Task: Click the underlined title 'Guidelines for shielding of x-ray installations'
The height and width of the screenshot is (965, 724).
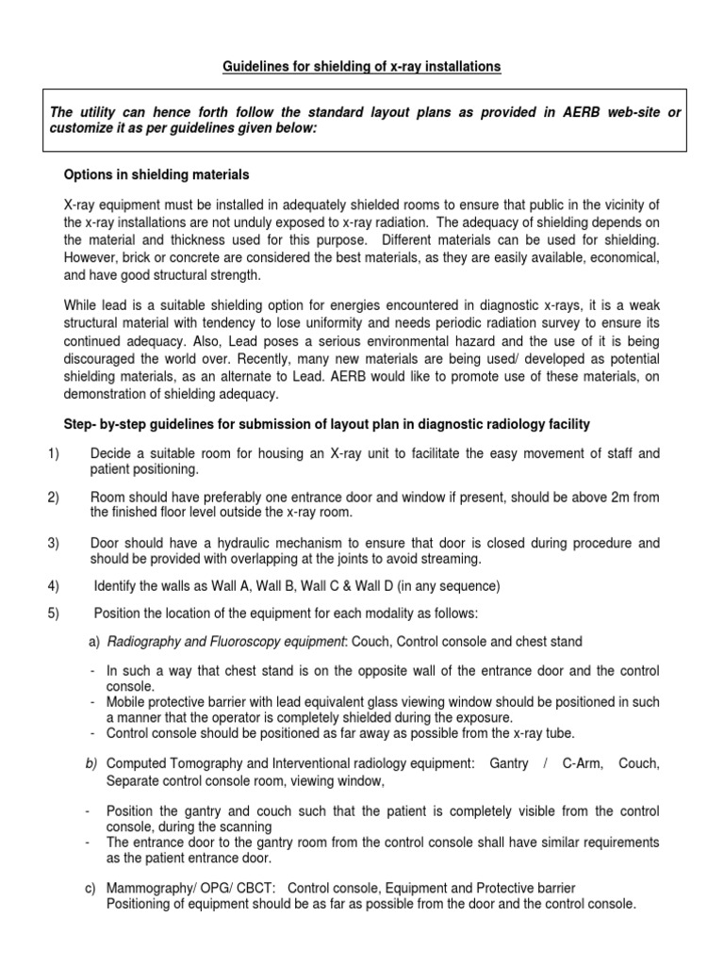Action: pos(362,66)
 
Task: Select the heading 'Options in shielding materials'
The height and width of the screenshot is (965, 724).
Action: pos(156,175)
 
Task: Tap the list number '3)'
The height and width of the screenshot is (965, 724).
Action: pos(53,544)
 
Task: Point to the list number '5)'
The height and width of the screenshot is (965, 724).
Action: pos(53,613)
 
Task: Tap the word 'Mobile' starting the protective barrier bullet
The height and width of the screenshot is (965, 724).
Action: pos(127,702)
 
